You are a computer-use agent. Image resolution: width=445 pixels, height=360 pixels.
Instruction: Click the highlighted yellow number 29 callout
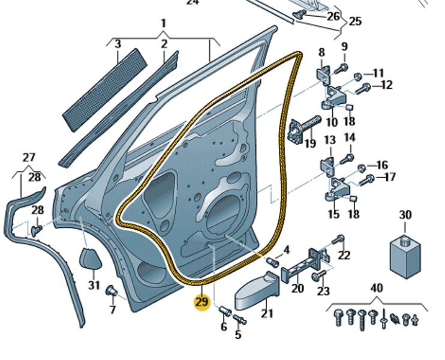click(x=202, y=302)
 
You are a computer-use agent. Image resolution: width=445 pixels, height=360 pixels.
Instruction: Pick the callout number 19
click(x=309, y=143)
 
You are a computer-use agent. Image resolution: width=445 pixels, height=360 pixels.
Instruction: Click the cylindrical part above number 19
click(x=305, y=127)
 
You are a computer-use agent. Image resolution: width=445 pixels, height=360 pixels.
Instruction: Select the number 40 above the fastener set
click(x=376, y=289)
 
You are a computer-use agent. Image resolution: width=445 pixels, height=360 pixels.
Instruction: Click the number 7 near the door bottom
click(x=112, y=310)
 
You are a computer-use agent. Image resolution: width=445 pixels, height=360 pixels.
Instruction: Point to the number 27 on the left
click(x=29, y=158)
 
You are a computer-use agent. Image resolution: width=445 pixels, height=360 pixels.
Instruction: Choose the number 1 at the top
click(x=163, y=23)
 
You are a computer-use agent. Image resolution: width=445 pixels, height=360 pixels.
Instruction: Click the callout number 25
click(x=355, y=22)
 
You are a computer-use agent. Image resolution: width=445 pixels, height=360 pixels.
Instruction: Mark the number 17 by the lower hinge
click(x=389, y=177)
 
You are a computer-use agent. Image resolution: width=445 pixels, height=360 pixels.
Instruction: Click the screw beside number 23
click(x=319, y=274)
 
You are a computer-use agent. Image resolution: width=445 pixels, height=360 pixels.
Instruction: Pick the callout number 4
click(x=286, y=250)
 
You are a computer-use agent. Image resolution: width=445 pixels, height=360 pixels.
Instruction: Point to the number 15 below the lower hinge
click(x=333, y=214)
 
